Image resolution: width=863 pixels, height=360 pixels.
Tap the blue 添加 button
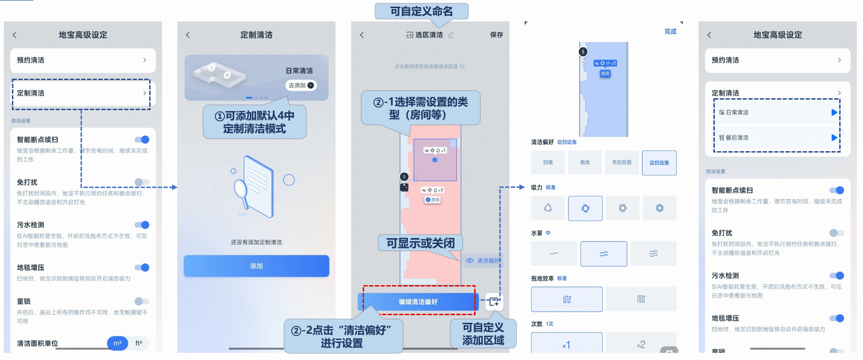256,266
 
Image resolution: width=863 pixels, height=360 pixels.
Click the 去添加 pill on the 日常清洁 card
301,85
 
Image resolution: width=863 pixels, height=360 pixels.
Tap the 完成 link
670,31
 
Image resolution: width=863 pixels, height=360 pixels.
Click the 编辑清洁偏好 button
418,302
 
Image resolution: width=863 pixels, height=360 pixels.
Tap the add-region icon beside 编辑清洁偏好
494,302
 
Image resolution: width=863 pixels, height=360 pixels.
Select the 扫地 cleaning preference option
548,163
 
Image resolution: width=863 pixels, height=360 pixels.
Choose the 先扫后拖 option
622,163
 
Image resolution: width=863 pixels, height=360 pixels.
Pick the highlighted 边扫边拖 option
659,163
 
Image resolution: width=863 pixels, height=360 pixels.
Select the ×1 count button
567,344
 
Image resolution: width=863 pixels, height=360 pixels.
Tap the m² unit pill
118,343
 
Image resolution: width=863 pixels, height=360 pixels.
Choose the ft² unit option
139,343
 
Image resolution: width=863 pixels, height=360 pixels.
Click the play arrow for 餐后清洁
834,138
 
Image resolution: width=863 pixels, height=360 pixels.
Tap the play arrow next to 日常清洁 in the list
834,113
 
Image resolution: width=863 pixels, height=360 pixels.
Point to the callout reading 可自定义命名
422,11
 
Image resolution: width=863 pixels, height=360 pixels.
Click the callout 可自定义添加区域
483,334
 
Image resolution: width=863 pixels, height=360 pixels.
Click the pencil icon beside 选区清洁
451,35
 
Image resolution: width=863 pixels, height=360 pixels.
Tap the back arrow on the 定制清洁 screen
188,35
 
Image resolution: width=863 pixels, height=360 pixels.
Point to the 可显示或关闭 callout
420,243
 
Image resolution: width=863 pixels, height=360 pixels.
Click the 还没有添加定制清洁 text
256,242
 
